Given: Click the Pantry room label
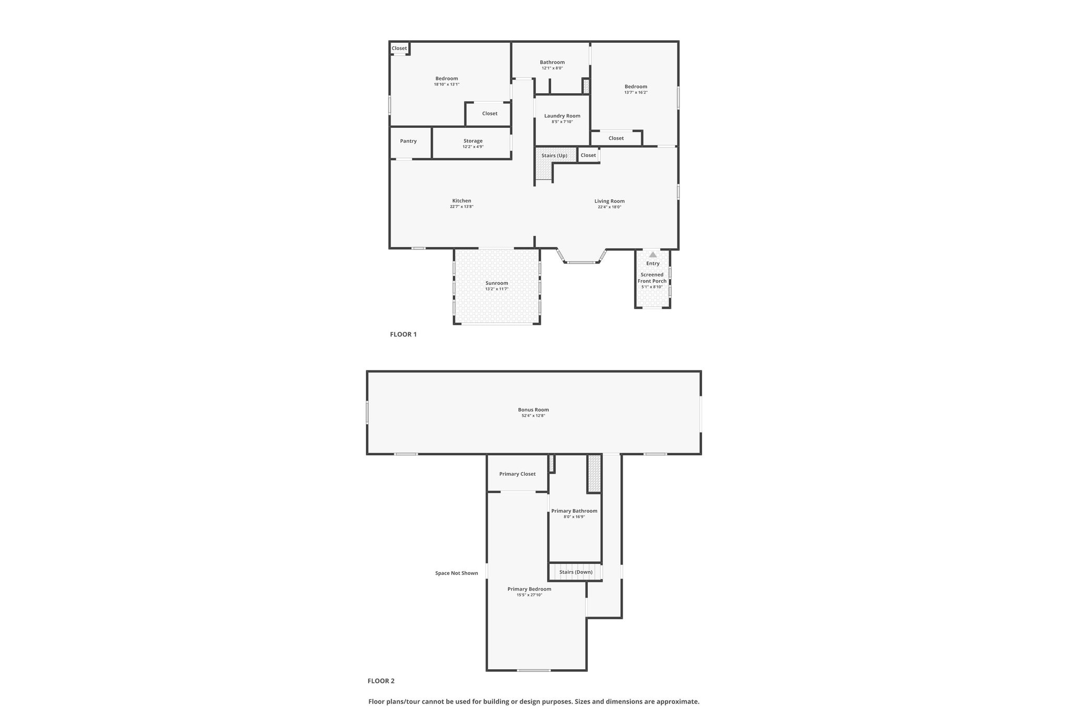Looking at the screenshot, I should [408, 141].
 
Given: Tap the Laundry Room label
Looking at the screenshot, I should [562, 116].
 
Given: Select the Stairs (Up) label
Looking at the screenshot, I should [554, 155].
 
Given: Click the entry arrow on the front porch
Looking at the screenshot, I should [653, 255].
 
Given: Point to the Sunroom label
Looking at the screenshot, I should [496, 283].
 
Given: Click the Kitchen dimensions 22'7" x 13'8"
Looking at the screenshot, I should [462, 207].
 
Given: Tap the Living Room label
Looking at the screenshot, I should [609, 201].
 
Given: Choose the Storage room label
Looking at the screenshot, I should [473, 141].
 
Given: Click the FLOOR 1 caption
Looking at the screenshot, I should [403, 334].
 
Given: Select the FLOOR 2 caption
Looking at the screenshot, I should [381, 681].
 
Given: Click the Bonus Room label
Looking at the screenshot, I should [533, 410].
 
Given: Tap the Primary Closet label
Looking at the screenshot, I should [517, 474].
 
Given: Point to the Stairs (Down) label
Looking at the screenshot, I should [576, 572].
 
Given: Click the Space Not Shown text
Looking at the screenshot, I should [456, 573].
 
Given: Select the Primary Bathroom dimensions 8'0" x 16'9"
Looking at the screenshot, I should [574, 517].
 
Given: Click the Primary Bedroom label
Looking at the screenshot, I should [529, 589].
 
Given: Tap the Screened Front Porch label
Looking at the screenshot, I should [652, 278].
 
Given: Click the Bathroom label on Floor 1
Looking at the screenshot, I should [552, 62].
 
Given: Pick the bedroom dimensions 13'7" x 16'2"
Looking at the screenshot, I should [636, 92].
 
